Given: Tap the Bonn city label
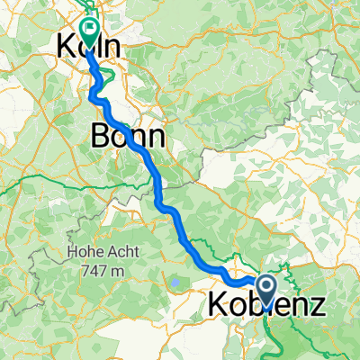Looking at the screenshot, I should [x=127, y=136].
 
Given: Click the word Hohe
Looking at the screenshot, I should [x=83, y=254].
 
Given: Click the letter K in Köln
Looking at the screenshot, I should [x=66, y=45].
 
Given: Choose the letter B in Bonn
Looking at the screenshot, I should [x=100, y=136].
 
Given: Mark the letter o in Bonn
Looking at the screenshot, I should [x=119, y=137].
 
